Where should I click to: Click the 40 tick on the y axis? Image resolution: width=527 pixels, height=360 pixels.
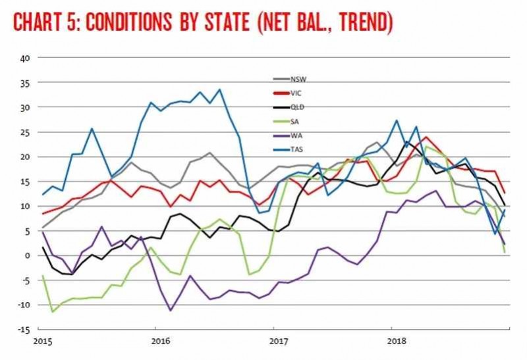point(24,57)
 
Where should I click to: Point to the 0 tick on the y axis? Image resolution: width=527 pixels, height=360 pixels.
point(27,255)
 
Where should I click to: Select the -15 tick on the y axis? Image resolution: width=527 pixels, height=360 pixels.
point(22,330)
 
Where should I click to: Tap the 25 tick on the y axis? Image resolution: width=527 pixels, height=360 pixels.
point(24,132)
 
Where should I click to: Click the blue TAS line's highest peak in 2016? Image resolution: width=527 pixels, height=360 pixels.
point(219,90)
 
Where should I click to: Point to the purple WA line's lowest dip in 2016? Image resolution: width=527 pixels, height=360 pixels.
point(171,310)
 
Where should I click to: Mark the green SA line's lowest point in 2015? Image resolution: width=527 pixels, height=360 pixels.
point(52,311)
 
